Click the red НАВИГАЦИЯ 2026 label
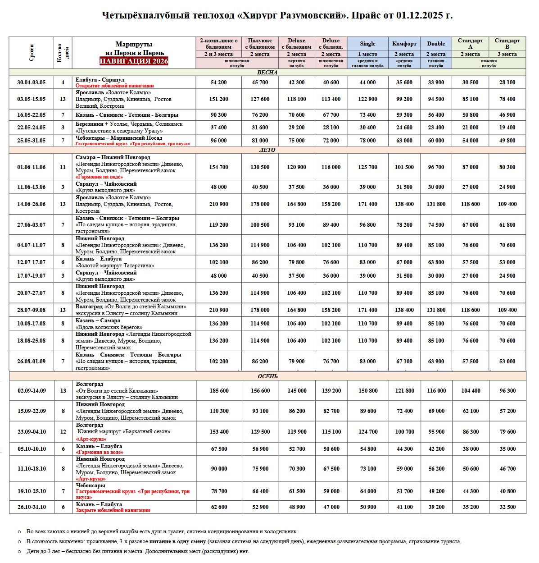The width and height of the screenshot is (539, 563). coord(134,61)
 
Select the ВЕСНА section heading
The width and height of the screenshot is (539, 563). coord(267,72)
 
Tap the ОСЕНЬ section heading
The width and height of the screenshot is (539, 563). coord(267,376)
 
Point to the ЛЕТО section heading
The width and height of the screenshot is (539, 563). coord(267,150)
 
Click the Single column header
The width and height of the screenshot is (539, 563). coord(367,44)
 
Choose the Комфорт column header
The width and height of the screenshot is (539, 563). coord(404,44)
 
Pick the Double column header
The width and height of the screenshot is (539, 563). coord(436,44)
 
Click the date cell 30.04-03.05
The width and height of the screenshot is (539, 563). coord(32,82)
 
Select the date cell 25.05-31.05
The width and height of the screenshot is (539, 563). coord(32,141)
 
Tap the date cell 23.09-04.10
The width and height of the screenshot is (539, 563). coord(32,432)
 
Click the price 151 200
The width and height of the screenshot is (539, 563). coord(219,99)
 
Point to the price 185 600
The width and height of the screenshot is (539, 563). coord(219,391)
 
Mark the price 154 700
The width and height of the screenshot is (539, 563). coord(219,167)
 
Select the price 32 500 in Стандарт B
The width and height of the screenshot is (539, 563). coord(507,507)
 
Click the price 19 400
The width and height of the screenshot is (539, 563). coord(507,128)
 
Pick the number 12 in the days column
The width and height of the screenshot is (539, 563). coord(63,432)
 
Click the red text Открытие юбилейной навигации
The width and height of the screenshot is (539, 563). coord(114,86)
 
